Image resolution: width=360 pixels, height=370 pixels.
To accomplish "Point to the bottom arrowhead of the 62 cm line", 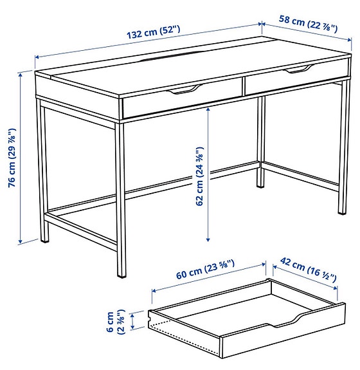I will point(209,237).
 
